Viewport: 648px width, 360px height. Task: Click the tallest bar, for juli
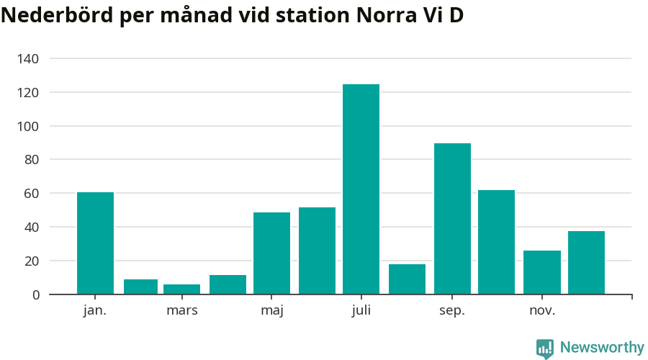tap(361, 189)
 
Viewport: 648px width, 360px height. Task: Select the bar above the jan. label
tap(95, 243)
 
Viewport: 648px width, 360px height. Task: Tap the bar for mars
tap(181, 289)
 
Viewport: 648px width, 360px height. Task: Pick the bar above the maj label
tap(271, 253)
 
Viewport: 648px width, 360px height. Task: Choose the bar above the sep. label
tap(452, 219)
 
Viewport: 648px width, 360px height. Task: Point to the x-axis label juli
tap(361, 310)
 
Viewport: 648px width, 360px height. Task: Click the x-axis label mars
tap(181, 310)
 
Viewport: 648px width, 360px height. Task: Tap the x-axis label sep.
tap(452, 310)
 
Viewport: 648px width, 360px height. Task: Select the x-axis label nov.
tap(542, 310)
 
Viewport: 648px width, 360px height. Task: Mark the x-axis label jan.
tap(95, 310)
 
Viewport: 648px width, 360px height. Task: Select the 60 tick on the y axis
tap(31, 194)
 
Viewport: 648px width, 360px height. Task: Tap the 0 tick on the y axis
tap(35, 294)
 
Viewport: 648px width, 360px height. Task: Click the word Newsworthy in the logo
tap(602, 348)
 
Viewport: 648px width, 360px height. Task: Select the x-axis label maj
tap(271, 310)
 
